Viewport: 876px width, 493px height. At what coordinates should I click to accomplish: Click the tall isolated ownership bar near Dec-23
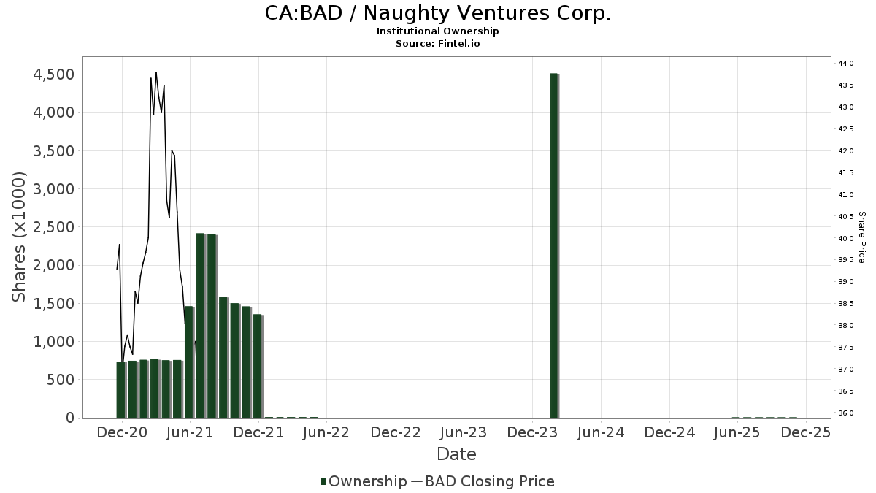click(553, 245)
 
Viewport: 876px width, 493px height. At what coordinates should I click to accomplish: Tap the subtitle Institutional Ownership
click(437, 31)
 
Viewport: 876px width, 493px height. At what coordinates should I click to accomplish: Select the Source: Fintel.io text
click(437, 43)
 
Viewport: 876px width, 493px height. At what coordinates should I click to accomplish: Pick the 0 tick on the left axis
click(69, 418)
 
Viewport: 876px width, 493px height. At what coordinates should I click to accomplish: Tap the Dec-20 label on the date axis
click(122, 432)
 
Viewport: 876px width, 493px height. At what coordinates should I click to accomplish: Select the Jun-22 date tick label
click(327, 432)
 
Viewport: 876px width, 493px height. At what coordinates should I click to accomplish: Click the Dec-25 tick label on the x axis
click(806, 432)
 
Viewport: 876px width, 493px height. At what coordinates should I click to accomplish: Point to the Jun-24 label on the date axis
click(601, 432)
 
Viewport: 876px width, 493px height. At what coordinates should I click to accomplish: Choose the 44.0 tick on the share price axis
click(846, 64)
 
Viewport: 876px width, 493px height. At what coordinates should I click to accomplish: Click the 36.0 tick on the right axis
click(846, 413)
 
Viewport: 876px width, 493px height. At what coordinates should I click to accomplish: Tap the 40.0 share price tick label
click(846, 239)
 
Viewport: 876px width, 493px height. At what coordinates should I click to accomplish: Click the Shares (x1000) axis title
click(19, 237)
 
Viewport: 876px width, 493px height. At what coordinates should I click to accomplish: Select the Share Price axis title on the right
click(861, 237)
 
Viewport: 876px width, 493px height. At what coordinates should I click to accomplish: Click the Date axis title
click(456, 454)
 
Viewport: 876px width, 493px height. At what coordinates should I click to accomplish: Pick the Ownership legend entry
click(364, 481)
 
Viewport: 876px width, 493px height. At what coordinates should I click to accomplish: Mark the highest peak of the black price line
click(156, 72)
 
